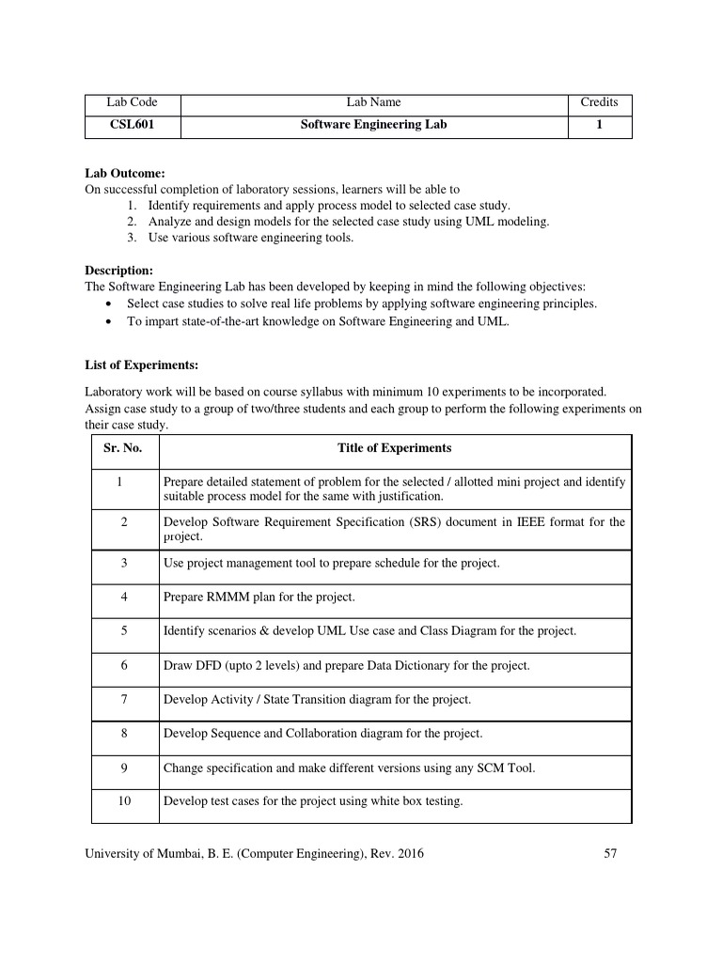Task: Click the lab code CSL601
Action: tap(132, 124)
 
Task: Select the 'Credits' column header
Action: tap(599, 102)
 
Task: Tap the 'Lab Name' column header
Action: tap(373, 102)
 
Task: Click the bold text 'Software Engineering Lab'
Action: tap(373, 124)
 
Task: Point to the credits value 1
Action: tap(599, 124)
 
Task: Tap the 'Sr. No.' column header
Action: tap(122, 448)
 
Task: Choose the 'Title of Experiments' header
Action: tap(394, 448)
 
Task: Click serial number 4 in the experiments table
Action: tap(122, 597)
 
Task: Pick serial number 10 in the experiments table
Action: tap(122, 801)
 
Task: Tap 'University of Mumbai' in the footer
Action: tap(139, 854)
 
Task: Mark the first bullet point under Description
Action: tap(112, 304)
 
